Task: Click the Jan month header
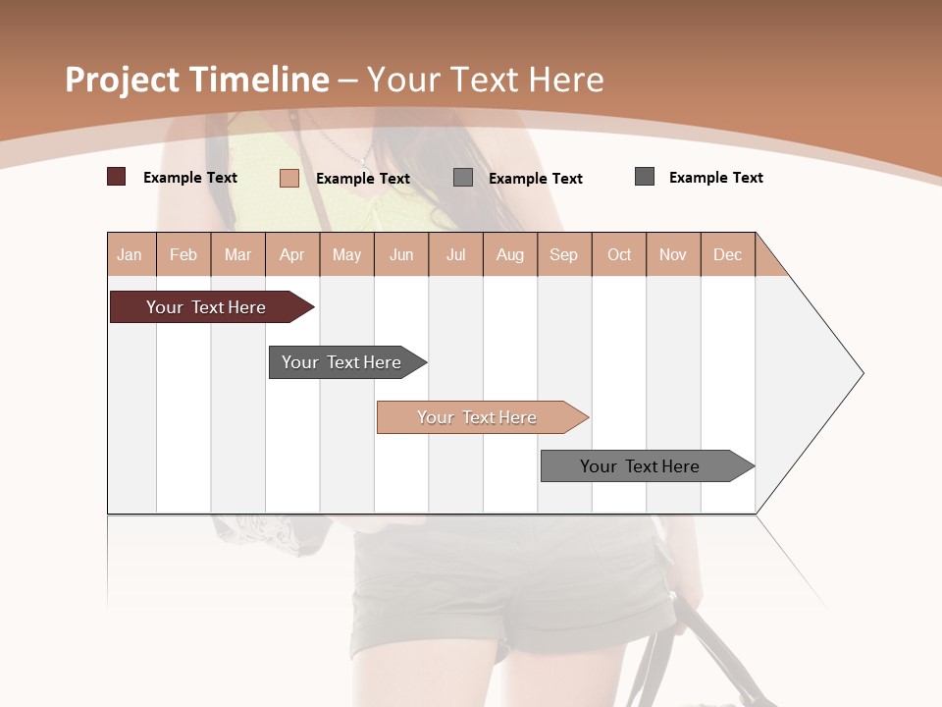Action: (130, 254)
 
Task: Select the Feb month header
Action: (183, 254)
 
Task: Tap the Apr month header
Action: (291, 254)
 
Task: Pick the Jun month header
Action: (400, 254)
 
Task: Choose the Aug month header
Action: (509, 254)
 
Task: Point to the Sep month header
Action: (563, 254)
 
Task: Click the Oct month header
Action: (618, 254)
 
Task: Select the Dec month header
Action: (727, 254)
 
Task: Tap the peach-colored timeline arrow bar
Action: (478, 417)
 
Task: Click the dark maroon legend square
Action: (117, 177)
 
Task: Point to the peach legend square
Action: (289, 178)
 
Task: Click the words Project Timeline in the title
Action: (196, 80)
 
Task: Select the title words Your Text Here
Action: (485, 80)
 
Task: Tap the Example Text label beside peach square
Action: (362, 179)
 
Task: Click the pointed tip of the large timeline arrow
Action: (861, 373)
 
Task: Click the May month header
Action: (346, 254)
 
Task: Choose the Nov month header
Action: (672, 254)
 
